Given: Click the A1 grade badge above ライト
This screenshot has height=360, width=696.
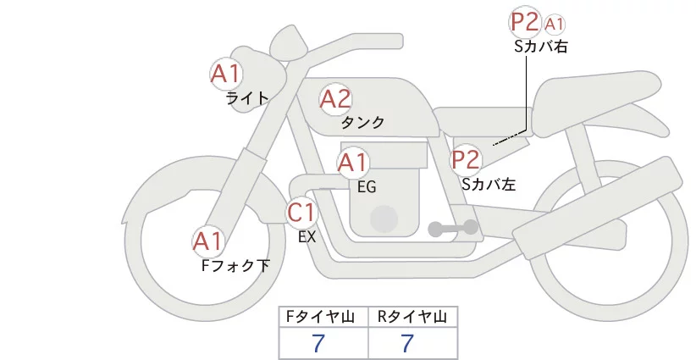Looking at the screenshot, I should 226,74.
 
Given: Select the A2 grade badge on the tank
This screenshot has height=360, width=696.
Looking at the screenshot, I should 335,99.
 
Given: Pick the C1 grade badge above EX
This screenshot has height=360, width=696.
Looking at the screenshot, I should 301,213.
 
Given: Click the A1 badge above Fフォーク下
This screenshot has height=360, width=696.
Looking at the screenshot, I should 207,242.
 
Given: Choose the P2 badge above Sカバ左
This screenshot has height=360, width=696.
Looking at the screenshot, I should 465,159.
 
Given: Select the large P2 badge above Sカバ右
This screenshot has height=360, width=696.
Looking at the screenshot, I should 524,22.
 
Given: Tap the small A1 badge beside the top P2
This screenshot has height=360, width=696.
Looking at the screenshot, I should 554,23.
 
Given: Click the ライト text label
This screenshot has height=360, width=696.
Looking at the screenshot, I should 247,97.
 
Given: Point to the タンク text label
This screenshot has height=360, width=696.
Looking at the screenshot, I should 362,122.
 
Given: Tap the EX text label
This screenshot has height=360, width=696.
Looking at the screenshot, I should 307,237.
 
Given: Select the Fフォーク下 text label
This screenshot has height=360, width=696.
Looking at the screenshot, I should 235,266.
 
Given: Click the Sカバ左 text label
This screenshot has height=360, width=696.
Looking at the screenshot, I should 489,183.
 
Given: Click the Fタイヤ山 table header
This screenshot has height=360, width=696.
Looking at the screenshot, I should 323,317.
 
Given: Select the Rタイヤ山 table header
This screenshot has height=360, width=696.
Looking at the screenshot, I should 412,317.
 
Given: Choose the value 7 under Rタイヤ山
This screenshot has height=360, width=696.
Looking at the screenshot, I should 408,344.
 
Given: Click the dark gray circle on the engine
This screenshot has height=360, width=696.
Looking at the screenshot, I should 384,218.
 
